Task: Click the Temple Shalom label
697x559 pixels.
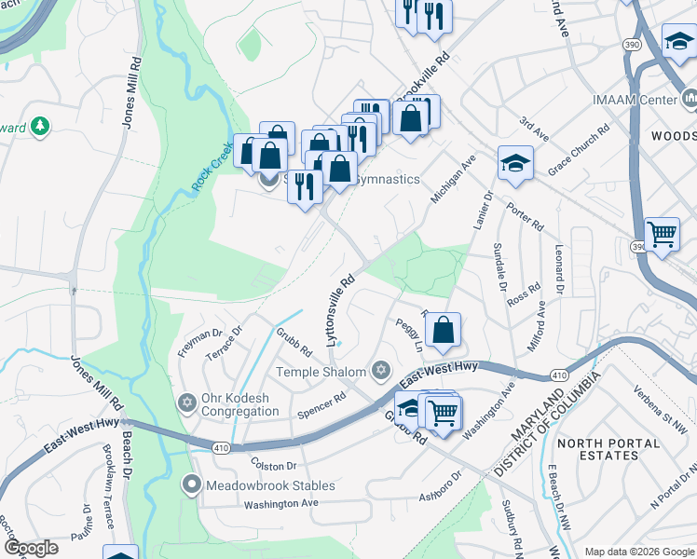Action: pos(322,372)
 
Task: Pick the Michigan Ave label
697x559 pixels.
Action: pos(453,180)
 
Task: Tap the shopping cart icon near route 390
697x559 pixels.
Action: pos(662,233)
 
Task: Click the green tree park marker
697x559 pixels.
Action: pos(39,125)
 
